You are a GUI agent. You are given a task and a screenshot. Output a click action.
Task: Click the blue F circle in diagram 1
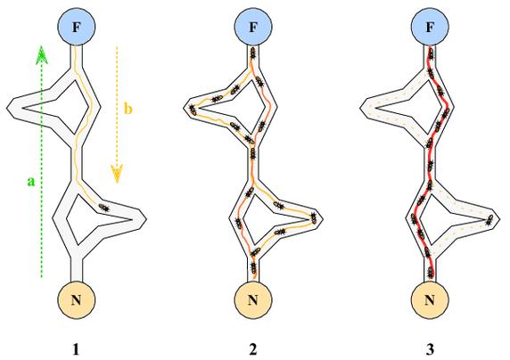[x=76, y=27]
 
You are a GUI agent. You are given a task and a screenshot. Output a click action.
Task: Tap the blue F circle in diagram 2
[x=253, y=27]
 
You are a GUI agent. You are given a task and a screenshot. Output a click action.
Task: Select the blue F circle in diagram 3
[x=430, y=27]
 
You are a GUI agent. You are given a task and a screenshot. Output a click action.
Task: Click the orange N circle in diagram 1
[x=76, y=299]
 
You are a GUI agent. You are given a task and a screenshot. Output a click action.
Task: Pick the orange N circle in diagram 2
[x=253, y=299]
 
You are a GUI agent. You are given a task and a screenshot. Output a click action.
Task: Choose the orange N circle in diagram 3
[x=430, y=299]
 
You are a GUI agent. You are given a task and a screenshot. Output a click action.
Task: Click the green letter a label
[x=30, y=181]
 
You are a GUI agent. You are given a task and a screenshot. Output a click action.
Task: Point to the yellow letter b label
[x=128, y=109]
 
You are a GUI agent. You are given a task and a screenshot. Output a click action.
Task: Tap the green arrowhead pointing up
[x=41, y=54]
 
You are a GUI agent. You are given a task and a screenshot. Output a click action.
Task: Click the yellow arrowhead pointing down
[x=117, y=174]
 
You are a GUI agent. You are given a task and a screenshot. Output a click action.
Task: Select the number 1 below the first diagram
[x=76, y=349]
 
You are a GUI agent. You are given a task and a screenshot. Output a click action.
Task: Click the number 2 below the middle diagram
[x=252, y=349]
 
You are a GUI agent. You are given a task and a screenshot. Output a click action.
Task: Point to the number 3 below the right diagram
[x=430, y=349]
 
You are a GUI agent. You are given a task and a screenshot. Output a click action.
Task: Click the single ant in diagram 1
[x=103, y=208]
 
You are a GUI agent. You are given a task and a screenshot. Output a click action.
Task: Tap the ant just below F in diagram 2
[x=252, y=53]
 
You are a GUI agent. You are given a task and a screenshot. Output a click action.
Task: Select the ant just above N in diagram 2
[x=254, y=267]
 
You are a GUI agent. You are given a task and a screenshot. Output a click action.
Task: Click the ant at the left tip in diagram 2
[x=193, y=110]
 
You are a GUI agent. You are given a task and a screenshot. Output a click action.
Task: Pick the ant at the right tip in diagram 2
[x=314, y=217]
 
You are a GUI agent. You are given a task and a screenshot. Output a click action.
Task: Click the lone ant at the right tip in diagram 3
[x=489, y=220]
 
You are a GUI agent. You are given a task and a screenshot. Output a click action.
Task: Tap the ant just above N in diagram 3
[x=431, y=272]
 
